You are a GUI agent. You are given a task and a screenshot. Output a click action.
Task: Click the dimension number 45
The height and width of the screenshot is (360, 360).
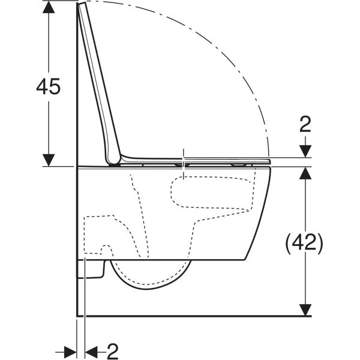48,86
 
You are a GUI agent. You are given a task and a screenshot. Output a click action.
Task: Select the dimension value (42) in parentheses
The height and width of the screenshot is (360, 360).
304,242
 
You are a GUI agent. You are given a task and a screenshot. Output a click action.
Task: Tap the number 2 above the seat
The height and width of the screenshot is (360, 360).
305,124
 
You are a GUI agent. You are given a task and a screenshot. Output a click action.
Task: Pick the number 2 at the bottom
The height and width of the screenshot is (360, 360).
113,352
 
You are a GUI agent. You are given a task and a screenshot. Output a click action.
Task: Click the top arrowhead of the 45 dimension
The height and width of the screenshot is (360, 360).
49,7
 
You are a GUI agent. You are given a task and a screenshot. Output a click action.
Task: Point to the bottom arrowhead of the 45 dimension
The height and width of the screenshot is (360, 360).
49,160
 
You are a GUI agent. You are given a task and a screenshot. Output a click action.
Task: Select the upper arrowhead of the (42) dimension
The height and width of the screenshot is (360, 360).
305,173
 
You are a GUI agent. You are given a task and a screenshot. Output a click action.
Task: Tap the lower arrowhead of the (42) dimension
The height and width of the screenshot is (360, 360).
305,310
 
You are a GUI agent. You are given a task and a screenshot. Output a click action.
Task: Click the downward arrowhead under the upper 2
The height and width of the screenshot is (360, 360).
305,152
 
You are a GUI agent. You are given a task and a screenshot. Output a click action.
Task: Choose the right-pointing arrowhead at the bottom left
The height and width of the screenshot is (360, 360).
70,352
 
